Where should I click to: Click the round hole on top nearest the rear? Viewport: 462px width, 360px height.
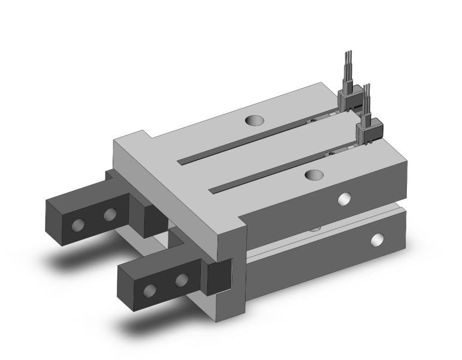(x=255, y=120)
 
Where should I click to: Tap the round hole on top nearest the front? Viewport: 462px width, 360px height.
(x=314, y=175)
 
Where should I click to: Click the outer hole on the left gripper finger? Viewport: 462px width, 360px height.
(x=78, y=225)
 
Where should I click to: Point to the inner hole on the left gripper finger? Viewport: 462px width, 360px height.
(x=110, y=215)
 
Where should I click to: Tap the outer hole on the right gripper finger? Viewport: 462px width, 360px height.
(x=150, y=291)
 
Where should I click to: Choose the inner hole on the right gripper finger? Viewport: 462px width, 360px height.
(x=182, y=280)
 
